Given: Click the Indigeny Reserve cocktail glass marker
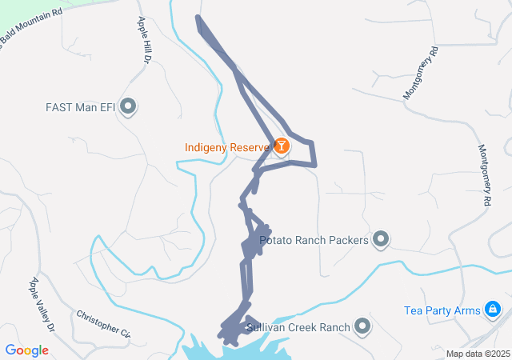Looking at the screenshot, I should coord(282,146).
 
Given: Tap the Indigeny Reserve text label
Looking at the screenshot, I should coord(227,147).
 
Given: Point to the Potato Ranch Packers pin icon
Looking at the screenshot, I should coord(381,239).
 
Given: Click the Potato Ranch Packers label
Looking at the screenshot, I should coord(314,240).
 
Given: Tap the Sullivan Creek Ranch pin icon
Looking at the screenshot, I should coord(363,326).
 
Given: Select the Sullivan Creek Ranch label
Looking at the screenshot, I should coord(298,327).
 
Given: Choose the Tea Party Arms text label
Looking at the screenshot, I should coord(442,310).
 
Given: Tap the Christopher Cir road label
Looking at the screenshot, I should coord(103,322).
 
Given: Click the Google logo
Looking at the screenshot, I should coord(27,350).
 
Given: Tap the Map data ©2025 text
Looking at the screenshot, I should coord(478,354).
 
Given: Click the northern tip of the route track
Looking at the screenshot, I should coord(198,18).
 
